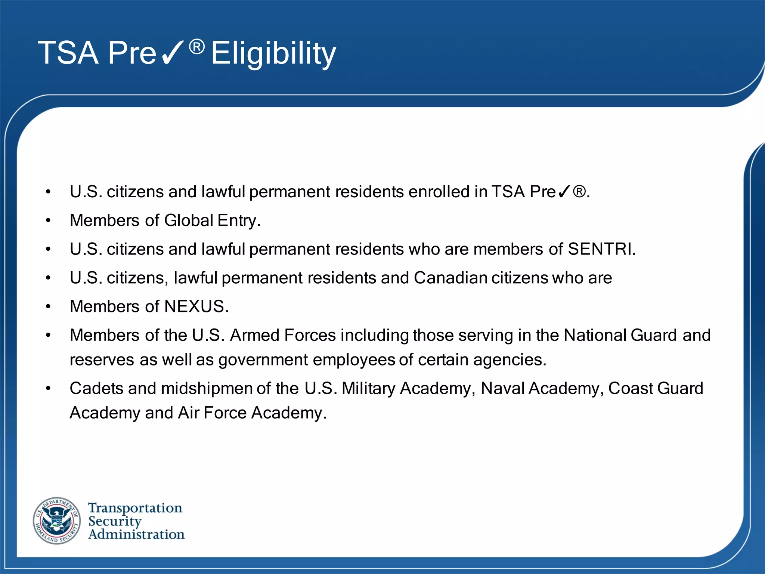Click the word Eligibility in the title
coord(273,53)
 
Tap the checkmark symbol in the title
coord(172,53)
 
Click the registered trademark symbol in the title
coord(197,47)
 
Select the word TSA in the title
coord(68,53)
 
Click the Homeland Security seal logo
coord(57,521)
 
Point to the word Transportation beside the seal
coord(135,508)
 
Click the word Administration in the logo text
coord(136,534)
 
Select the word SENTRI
coord(601,249)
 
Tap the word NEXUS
coord(196,306)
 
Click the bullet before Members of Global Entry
coord(48,221)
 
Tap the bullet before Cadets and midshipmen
coord(48,389)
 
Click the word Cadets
coord(96,389)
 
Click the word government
coord(263,360)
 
